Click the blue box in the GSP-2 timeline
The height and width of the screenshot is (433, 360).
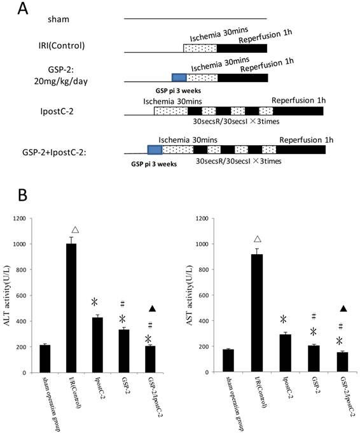coord(179,78)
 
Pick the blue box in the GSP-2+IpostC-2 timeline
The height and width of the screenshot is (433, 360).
coord(155,150)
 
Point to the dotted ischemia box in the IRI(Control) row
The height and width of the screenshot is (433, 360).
coord(200,48)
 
